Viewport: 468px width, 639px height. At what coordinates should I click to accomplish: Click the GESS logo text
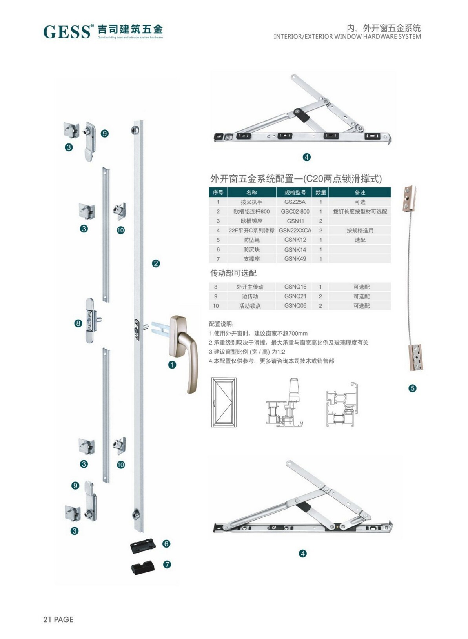pyautogui.click(x=67, y=32)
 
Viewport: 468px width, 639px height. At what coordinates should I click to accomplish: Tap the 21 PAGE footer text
pyautogui.click(x=58, y=619)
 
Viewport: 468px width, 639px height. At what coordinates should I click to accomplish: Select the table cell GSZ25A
pyautogui.click(x=295, y=202)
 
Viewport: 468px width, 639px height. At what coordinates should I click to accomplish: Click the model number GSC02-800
pyautogui.click(x=295, y=211)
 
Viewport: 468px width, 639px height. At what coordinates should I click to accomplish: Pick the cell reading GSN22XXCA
pyautogui.click(x=295, y=230)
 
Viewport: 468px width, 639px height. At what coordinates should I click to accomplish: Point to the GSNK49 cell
pyautogui.click(x=295, y=259)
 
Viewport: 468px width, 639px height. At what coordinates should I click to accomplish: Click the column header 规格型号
pyautogui.click(x=295, y=192)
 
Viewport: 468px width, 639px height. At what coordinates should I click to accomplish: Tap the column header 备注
pyautogui.click(x=360, y=192)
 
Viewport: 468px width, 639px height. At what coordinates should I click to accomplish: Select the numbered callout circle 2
pyautogui.click(x=156, y=263)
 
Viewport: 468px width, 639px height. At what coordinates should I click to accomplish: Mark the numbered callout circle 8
pyautogui.click(x=78, y=323)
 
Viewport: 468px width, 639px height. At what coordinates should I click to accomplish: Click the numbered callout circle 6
pyautogui.click(x=166, y=544)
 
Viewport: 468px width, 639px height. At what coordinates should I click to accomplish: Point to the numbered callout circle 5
pyautogui.click(x=412, y=388)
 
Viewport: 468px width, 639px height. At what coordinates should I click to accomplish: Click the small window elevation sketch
pyautogui.click(x=224, y=402)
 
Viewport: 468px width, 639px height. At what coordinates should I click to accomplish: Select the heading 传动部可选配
pyautogui.click(x=233, y=273)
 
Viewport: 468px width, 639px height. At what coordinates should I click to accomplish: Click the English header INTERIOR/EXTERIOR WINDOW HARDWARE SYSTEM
pyautogui.click(x=347, y=36)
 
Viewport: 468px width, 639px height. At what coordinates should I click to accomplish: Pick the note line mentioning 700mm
pyautogui.click(x=258, y=333)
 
